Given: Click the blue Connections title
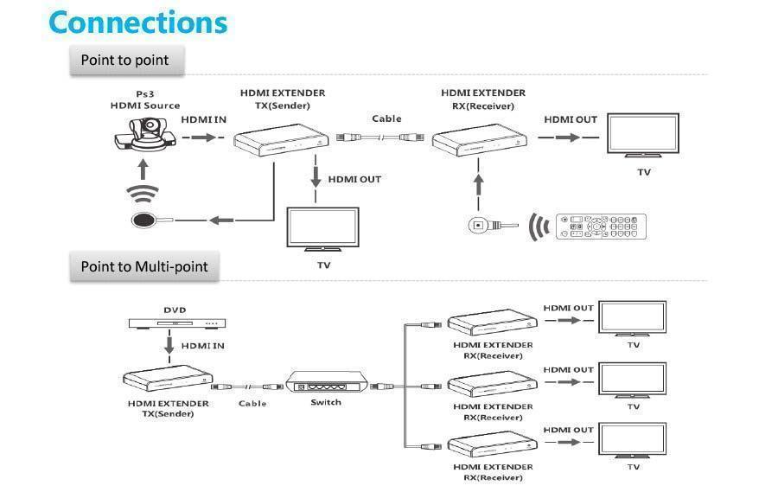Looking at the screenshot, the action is pyautogui.click(x=138, y=22).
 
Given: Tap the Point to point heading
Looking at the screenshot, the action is pyautogui.click(x=124, y=60).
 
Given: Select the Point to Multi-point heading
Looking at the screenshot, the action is pyautogui.click(x=143, y=266).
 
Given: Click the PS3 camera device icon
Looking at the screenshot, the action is pyautogui.click(x=145, y=134).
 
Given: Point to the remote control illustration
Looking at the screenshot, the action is pyautogui.click(x=601, y=227).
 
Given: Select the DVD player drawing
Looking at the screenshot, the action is pyautogui.click(x=177, y=323).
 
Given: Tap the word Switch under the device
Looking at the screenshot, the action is pyautogui.click(x=326, y=402).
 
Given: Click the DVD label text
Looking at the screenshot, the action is pyautogui.click(x=175, y=310).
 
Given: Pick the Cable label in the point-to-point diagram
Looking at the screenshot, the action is pyautogui.click(x=386, y=118).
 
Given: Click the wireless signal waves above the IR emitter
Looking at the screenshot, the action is pyautogui.click(x=143, y=193).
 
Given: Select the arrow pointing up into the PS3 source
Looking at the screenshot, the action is pyautogui.click(x=143, y=169).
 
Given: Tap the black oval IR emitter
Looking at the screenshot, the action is pyautogui.click(x=143, y=220).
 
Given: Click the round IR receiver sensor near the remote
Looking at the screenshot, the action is pyautogui.click(x=477, y=225).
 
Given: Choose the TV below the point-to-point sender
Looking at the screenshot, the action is pyautogui.click(x=323, y=229).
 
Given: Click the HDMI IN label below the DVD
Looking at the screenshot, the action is pyautogui.click(x=202, y=346).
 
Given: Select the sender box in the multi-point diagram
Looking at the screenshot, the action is pyautogui.click(x=168, y=379).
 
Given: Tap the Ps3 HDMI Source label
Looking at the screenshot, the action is pyautogui.click(x=145, y=99).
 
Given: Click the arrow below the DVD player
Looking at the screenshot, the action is pyautogui.click(x=169, y=346).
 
